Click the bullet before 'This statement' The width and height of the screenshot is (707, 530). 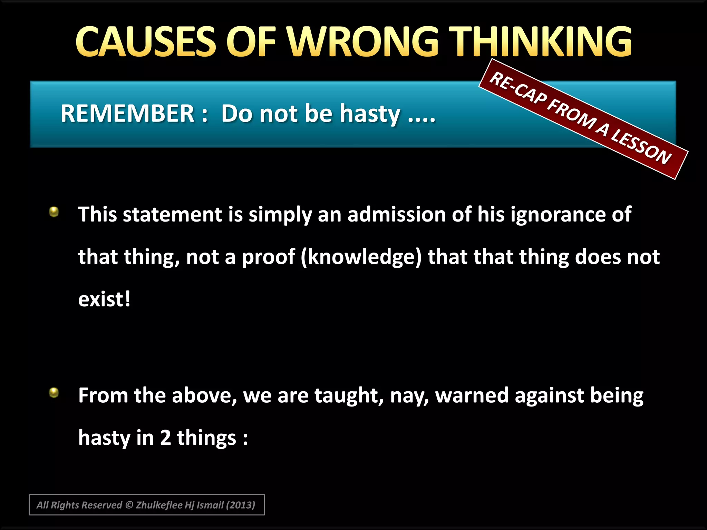coord(54,212)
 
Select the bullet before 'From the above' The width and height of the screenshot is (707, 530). coord(54,392)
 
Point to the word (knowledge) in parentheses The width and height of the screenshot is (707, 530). coord(361,257)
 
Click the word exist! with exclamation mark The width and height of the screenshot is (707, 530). coord(104,299)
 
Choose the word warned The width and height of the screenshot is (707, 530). coord(472,395)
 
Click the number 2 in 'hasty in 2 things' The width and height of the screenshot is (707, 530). coord(165,438)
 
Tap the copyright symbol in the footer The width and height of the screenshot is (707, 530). coord(129,505)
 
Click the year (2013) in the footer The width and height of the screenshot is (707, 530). coord(240,505)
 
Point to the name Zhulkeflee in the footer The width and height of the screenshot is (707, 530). coord(159,505)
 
